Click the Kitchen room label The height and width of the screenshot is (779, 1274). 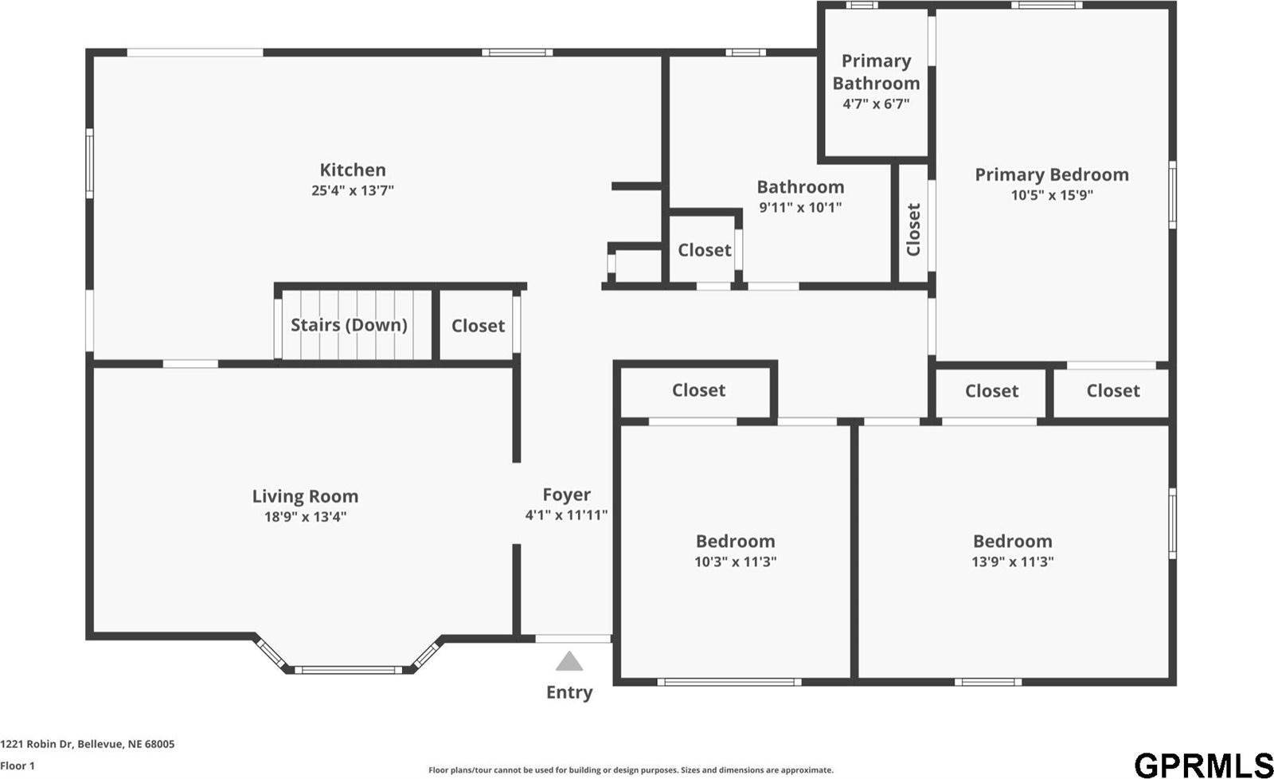[x=353, y=170]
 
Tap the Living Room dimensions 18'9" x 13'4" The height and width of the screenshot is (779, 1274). [x=305, y=517]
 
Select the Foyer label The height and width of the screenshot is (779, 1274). [x=566, y=495]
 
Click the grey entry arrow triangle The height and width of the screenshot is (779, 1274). [x=569, y=662]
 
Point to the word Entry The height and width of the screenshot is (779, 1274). [x=569, y=692]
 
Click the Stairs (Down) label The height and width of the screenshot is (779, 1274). [x=349, y=325]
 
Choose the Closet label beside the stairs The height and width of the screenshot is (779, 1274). [x=478, y=326]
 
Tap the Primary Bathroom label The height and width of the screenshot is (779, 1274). [x=876, y=72]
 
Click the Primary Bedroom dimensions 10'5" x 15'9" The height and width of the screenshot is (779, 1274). [x=1052, y=195]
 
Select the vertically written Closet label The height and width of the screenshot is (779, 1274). [x=913, y=229]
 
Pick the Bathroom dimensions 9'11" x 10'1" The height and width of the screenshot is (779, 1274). [x=800, y=208]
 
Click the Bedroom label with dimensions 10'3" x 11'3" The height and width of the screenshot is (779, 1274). [x=735, y=542]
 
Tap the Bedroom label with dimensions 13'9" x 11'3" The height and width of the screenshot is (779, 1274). [x=1012, y=542]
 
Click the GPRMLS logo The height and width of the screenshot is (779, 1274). [x=1203, y=765]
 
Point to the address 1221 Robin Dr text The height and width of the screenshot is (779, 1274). [x=88, y=744]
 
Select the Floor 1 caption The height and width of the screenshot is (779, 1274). [x=18, y=765]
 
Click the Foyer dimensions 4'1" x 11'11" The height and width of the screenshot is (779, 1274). [x=566, y=515]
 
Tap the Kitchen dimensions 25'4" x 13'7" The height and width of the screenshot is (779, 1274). [x=353, y=190]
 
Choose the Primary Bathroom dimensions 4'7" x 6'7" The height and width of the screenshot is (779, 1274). [x=876, y=104]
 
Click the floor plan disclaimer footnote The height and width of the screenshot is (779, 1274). [x=631, y=770]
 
